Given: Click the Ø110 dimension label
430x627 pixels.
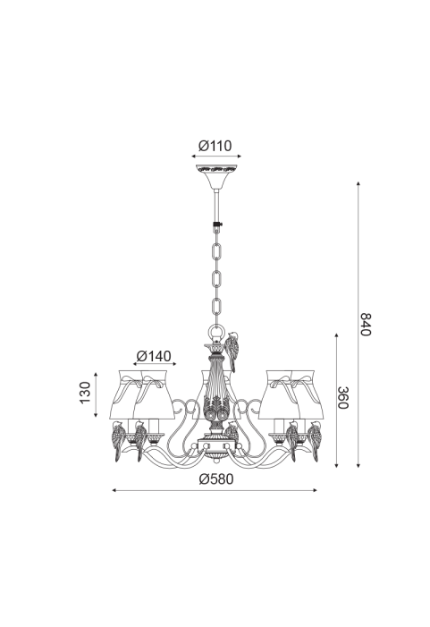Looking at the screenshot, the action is [x=215, y=146].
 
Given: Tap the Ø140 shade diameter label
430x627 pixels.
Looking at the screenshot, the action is [x=154, y=355].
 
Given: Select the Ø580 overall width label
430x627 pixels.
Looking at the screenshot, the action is [x=215, y=479].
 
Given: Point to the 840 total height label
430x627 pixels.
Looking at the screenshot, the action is [x=366, y=325].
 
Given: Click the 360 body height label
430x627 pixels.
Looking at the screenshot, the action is [x=343, y=397].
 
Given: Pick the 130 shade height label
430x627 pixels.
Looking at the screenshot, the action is [x=85, y=393].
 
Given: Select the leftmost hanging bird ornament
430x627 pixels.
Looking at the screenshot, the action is [x=119, y=440].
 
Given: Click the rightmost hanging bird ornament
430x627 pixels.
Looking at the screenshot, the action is [x=314, y=440].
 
